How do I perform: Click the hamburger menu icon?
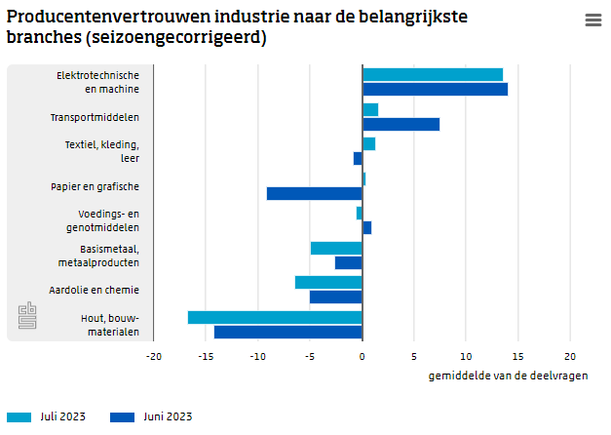point(592,20)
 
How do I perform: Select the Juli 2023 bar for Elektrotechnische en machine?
point(433,75)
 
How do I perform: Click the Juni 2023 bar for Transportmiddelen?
point(401,124)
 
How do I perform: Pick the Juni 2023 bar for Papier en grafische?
point(314,193)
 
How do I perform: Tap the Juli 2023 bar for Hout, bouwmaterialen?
point(275,317)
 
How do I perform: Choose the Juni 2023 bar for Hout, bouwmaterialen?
point(287,332)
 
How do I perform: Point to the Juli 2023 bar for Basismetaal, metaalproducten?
point(336,248)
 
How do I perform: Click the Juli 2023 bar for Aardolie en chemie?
point(328,282)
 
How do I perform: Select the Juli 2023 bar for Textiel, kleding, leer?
point(368,144)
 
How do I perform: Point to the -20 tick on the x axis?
point(154,356)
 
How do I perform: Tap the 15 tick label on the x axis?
point(518,356)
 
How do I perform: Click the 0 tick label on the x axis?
point(363,356)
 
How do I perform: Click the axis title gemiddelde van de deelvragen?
point(508,376)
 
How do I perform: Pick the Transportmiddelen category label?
point(95,117)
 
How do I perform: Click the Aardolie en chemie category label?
point(94,290)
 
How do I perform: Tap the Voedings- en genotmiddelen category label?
point(108,220)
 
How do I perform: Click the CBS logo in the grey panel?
point(28,316)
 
